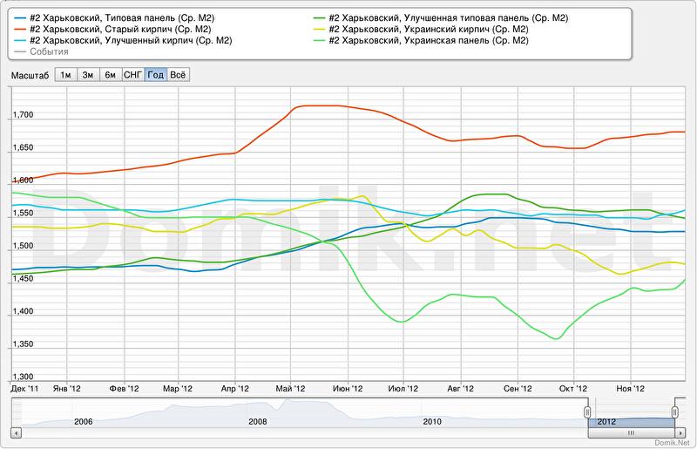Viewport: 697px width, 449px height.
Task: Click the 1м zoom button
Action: pyautogui.click(x=65, y=75)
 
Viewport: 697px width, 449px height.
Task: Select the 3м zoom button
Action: pyautogui.click(x=88, y=75)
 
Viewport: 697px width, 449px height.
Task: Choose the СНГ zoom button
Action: pyautogui.click(x=132, y=75)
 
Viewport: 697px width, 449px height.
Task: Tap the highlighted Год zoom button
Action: pyautogui.click(x=155, y=75)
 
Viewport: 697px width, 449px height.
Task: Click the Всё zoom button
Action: pyautogui.click(x=178, y=75)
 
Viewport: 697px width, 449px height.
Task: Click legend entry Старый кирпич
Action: pyautogui.click(x=119, y=29)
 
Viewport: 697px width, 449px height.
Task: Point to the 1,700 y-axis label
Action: pyautogui.click(x=23, y=115)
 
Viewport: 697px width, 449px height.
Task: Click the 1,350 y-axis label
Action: pyautogui.click(x=23, y=344)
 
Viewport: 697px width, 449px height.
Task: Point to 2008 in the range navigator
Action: pyautogui.click(x=258, y=421)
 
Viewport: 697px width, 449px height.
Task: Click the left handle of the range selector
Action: pyautogui.click(x=587, y=411)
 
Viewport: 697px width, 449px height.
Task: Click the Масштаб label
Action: pyautogui.click(x=30, y=75)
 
